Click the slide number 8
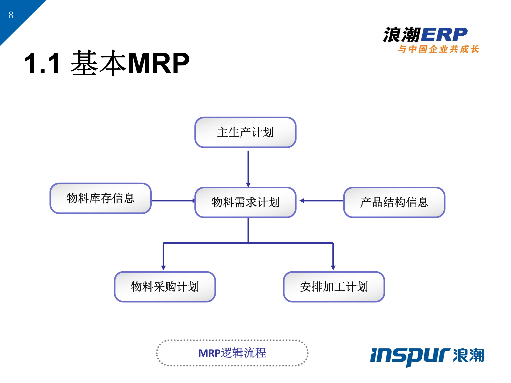(11, 15)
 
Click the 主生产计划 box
(245, 132)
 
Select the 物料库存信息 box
(101, 198)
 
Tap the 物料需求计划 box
(245, 202)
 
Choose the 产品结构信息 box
(394, 202)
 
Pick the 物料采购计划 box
(165, 287)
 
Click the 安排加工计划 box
(334, 287)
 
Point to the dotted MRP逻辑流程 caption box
(232, 353)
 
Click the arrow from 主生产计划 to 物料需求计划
(248, 168)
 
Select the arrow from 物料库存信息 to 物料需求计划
(173, 201)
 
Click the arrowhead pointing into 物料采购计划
(163, 267)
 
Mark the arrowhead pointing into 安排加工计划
(333, 267)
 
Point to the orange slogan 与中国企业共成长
(438, 49)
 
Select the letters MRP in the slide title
(159, 63)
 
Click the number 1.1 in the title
(42, 63)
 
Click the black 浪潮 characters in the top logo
(402, 35)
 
